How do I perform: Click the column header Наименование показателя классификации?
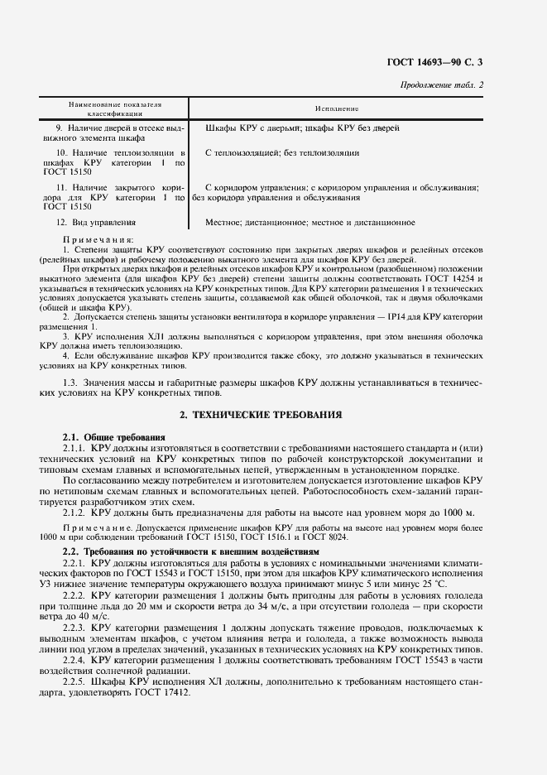click(x=115, y=108)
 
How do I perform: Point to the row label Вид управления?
click(x=100, y=223)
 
